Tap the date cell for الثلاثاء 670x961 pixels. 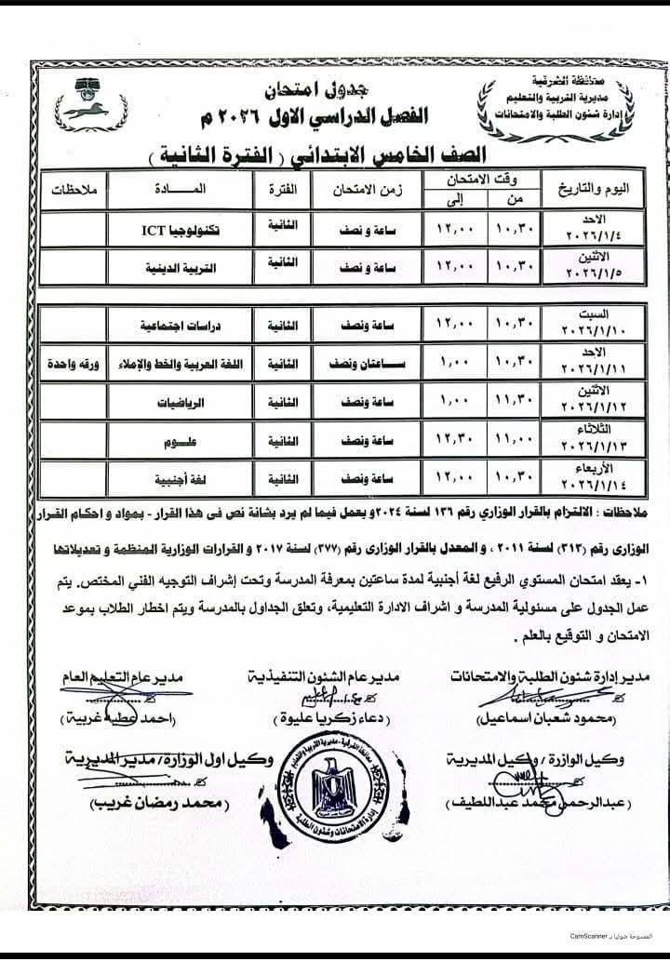click(596, 434)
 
